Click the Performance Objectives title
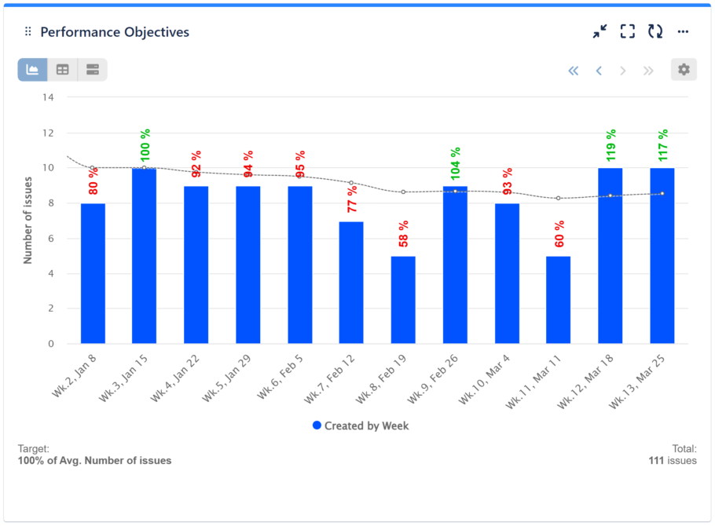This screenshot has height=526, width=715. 115,32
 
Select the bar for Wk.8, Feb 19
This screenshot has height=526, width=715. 403,300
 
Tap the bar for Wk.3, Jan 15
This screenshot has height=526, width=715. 144,256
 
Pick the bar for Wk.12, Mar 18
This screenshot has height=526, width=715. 610,256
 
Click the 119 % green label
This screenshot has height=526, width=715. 610,145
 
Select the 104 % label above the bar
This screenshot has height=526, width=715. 455,163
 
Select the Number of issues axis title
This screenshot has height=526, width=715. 27,221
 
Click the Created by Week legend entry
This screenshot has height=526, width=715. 361,426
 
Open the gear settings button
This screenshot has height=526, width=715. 684,70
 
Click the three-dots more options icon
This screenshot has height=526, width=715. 683,32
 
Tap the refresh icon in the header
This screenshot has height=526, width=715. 654,31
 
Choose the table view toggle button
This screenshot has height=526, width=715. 63,70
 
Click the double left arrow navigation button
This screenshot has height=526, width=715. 573,71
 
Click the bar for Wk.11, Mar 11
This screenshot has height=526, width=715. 558,300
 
